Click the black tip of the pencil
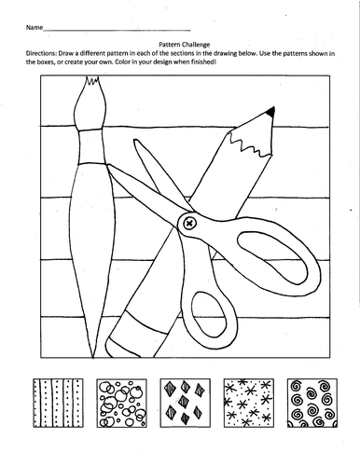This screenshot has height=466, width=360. point(271,112)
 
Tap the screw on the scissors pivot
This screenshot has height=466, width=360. point(188,223)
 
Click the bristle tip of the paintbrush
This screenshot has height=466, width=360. point(92,80)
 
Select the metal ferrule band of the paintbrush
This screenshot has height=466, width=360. point(91,145)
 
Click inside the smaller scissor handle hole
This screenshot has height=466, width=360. point(208,320)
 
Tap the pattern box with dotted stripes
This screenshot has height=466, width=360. point(58,403)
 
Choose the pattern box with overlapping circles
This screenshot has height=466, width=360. point(121,403)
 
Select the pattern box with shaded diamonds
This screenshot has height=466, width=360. point(186,403)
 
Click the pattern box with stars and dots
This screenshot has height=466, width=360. point(249,403)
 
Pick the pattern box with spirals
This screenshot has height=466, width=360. point(312,403)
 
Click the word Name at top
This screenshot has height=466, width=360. point(35,27)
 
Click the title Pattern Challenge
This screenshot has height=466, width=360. point(185,45)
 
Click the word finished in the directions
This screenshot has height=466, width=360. point(203,62)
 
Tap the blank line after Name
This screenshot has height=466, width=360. point(117,30)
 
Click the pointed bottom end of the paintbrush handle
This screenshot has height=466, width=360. point(92,357)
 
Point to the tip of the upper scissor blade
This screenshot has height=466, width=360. point(135,141)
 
